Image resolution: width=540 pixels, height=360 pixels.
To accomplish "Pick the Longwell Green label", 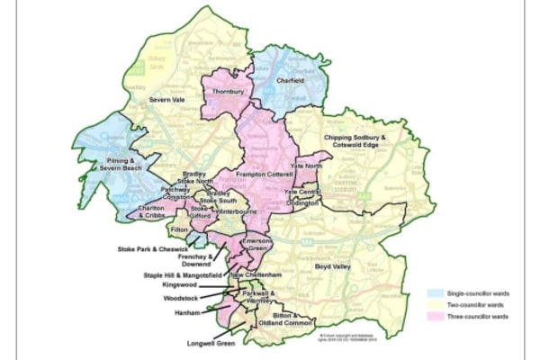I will coord(207,340).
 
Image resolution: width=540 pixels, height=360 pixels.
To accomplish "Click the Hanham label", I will coord(187,311).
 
